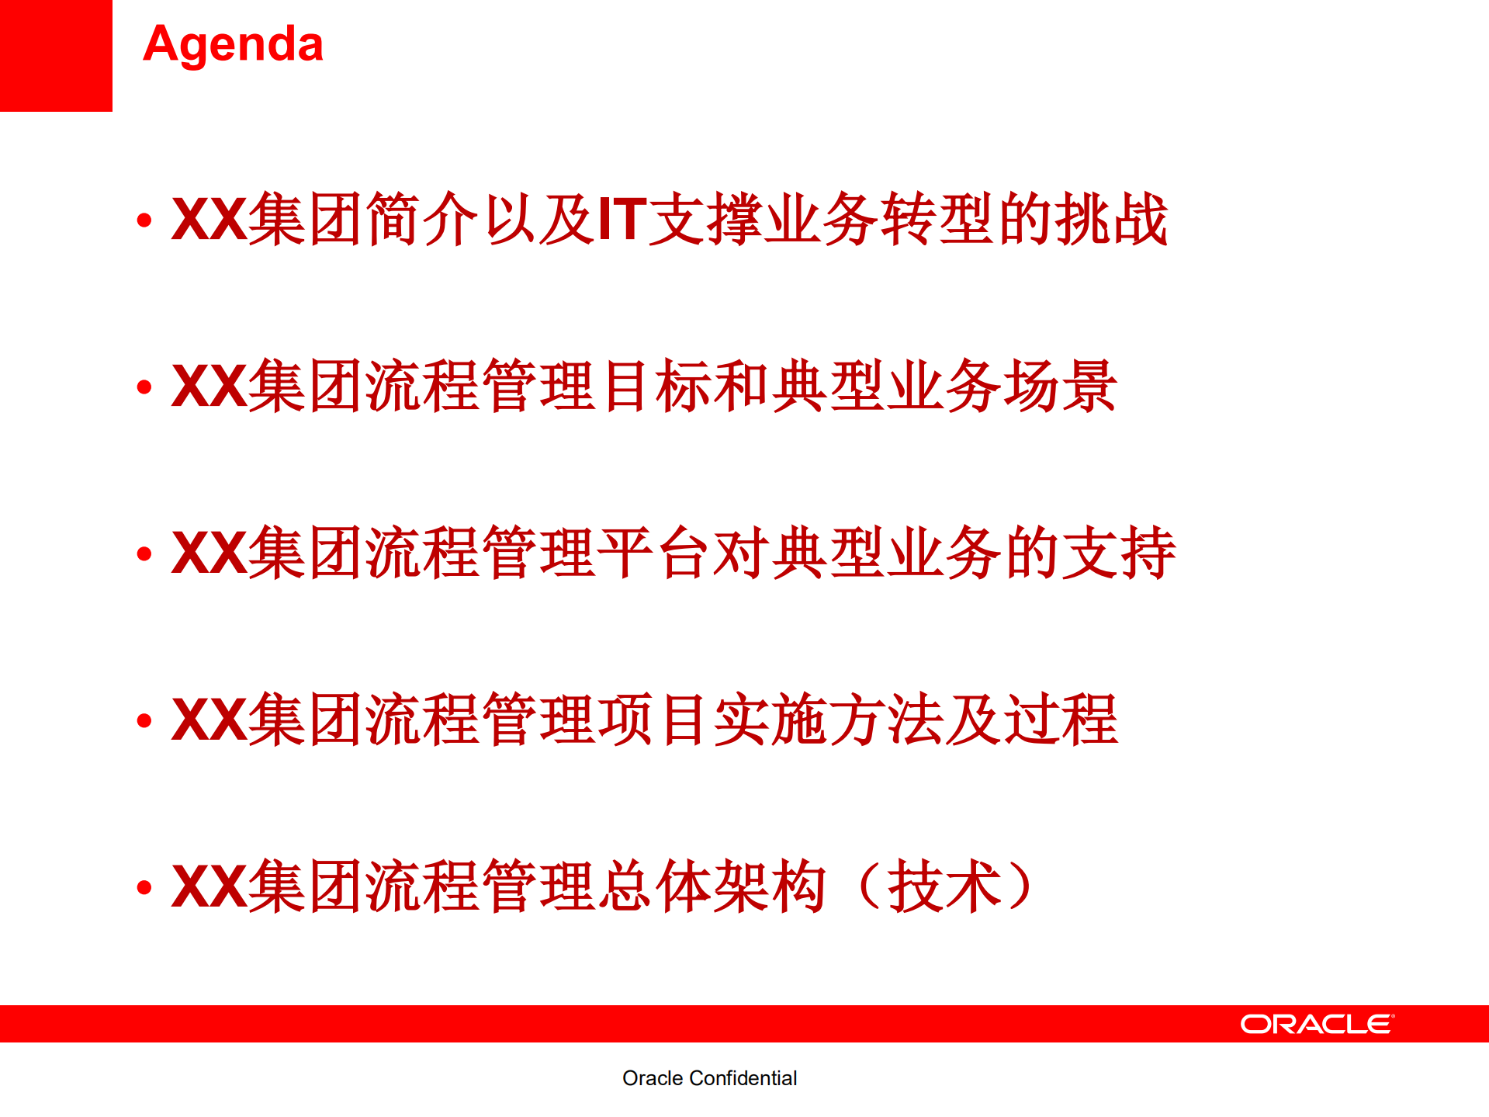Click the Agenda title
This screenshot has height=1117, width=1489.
coord(233,44)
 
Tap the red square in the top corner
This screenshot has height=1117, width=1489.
coord(56,55)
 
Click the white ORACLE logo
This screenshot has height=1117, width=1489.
coord(1317,1024)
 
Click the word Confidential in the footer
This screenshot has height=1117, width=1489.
coord(743,1078)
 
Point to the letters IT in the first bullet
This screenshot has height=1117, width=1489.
coord(622,220)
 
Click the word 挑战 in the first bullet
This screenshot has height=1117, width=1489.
coord(1111,220)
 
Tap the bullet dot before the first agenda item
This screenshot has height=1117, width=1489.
coord(144,221)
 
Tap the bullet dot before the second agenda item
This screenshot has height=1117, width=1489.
coord(144,387)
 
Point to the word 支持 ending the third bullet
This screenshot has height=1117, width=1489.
coord(1118,553)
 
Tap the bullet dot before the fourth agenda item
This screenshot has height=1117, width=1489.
coord(144,721)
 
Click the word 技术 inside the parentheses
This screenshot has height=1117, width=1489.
coord(944,886)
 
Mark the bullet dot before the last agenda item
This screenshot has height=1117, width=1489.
coord(144,887)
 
